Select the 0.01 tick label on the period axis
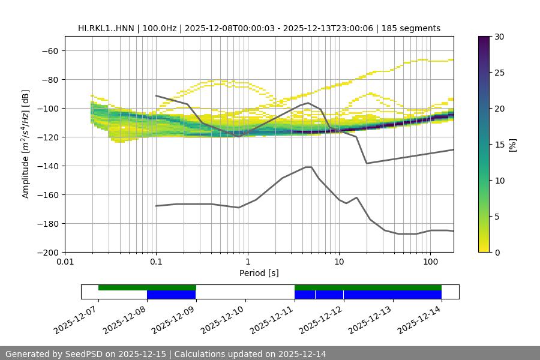[x=65, y=262]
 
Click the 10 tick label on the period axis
[x=339, y=262]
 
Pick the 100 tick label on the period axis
[x=430, y=262]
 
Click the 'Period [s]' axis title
[x=259, y=273]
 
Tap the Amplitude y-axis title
[x=26, y=145]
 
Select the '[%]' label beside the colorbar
[x=512, y=145]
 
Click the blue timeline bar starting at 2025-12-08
[x=171, y=295]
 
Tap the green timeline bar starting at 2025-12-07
[x=147, y=287]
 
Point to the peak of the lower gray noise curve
[x=308, y=167]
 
